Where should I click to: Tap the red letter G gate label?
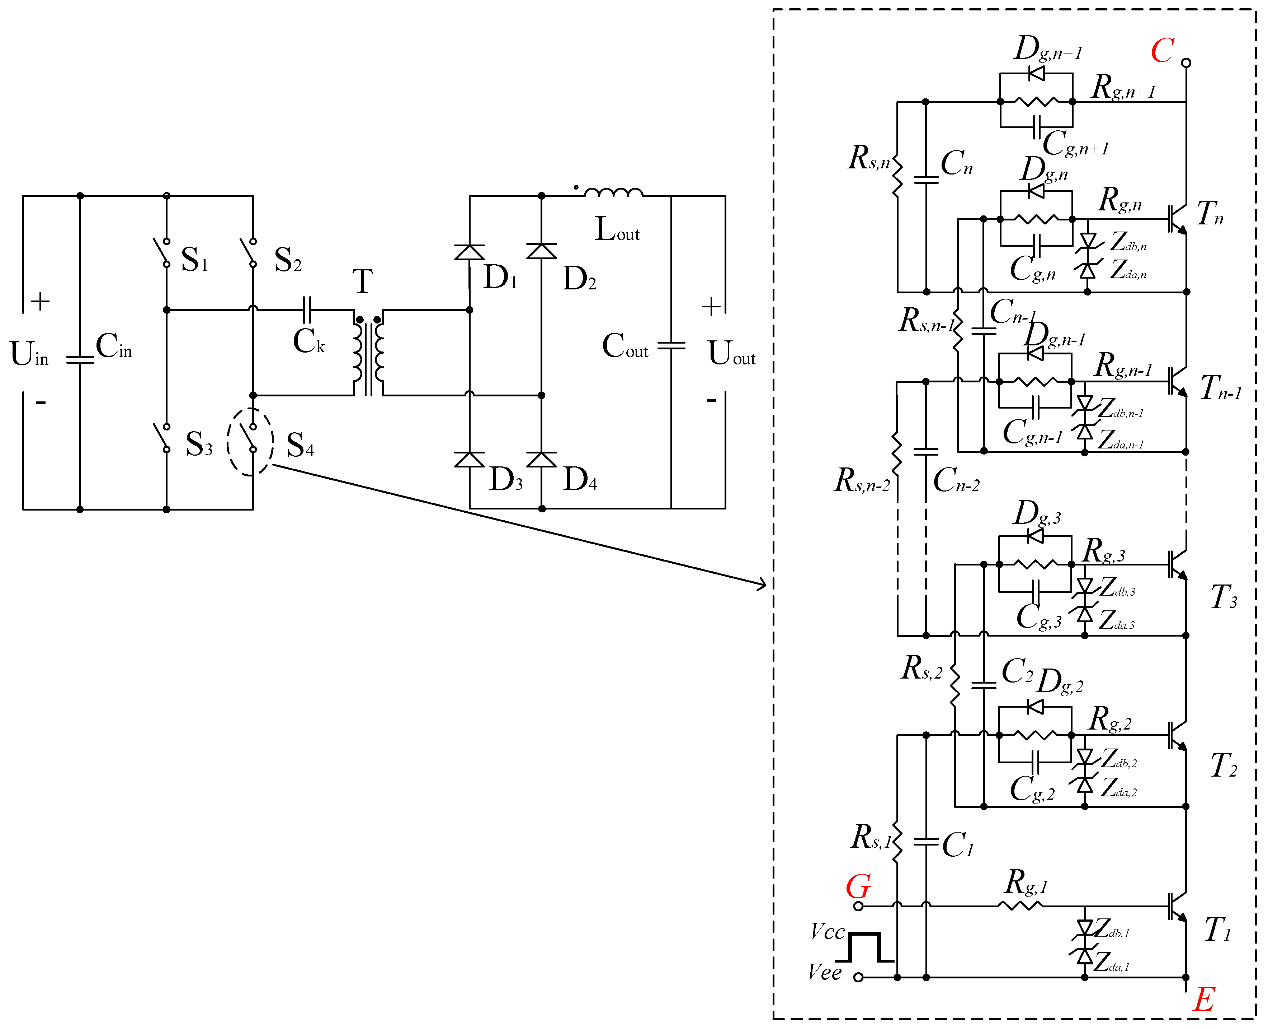coord(858,887)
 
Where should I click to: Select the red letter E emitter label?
coord(1204,1000)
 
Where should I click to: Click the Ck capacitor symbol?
coord(307,310)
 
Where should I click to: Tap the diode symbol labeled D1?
coord(470,252)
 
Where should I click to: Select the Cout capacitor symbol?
coord(671,345)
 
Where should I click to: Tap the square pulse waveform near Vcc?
coord(865,947)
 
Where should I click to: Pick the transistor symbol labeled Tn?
coord(1177,219)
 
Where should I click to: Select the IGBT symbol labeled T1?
coord(1177,906)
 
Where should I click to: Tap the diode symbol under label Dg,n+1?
coord(1036,74)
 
